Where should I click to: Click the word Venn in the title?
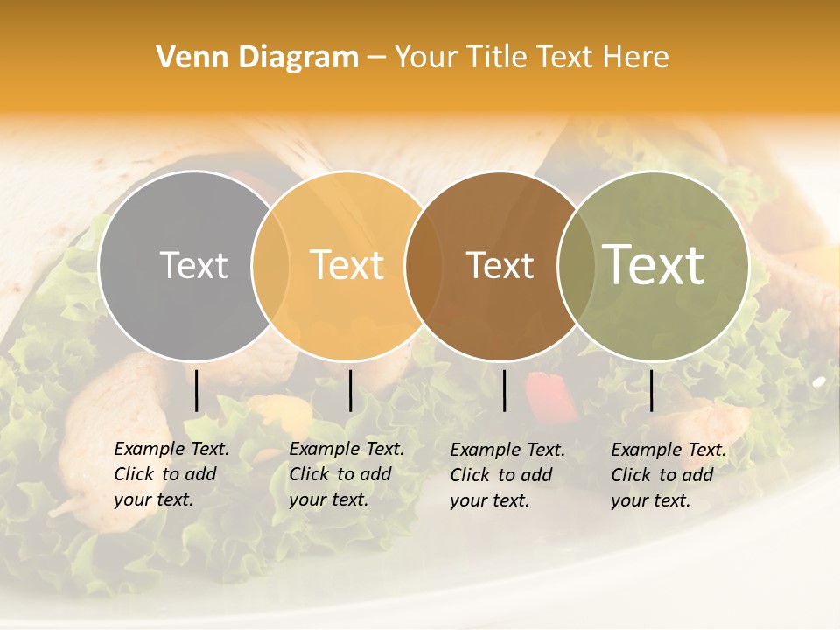point(182,58)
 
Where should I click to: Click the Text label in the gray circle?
point(193,265)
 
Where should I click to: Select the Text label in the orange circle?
point(347,265)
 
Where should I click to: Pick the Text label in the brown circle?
point(500,265)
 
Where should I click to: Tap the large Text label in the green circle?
point(654,264)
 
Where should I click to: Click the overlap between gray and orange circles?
point(270,265)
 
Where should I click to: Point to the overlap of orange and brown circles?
point(423,265)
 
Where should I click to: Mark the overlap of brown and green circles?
point(576,265)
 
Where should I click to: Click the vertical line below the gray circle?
point(196,390)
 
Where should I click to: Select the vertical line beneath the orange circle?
point(350,390)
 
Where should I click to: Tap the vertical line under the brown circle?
point(504,390)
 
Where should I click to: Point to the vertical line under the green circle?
point(651,390)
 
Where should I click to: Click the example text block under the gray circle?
point(171,474)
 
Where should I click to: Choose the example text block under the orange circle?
point(346,474)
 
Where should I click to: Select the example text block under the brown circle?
point(507,475)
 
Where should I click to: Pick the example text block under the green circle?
point(668,475)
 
